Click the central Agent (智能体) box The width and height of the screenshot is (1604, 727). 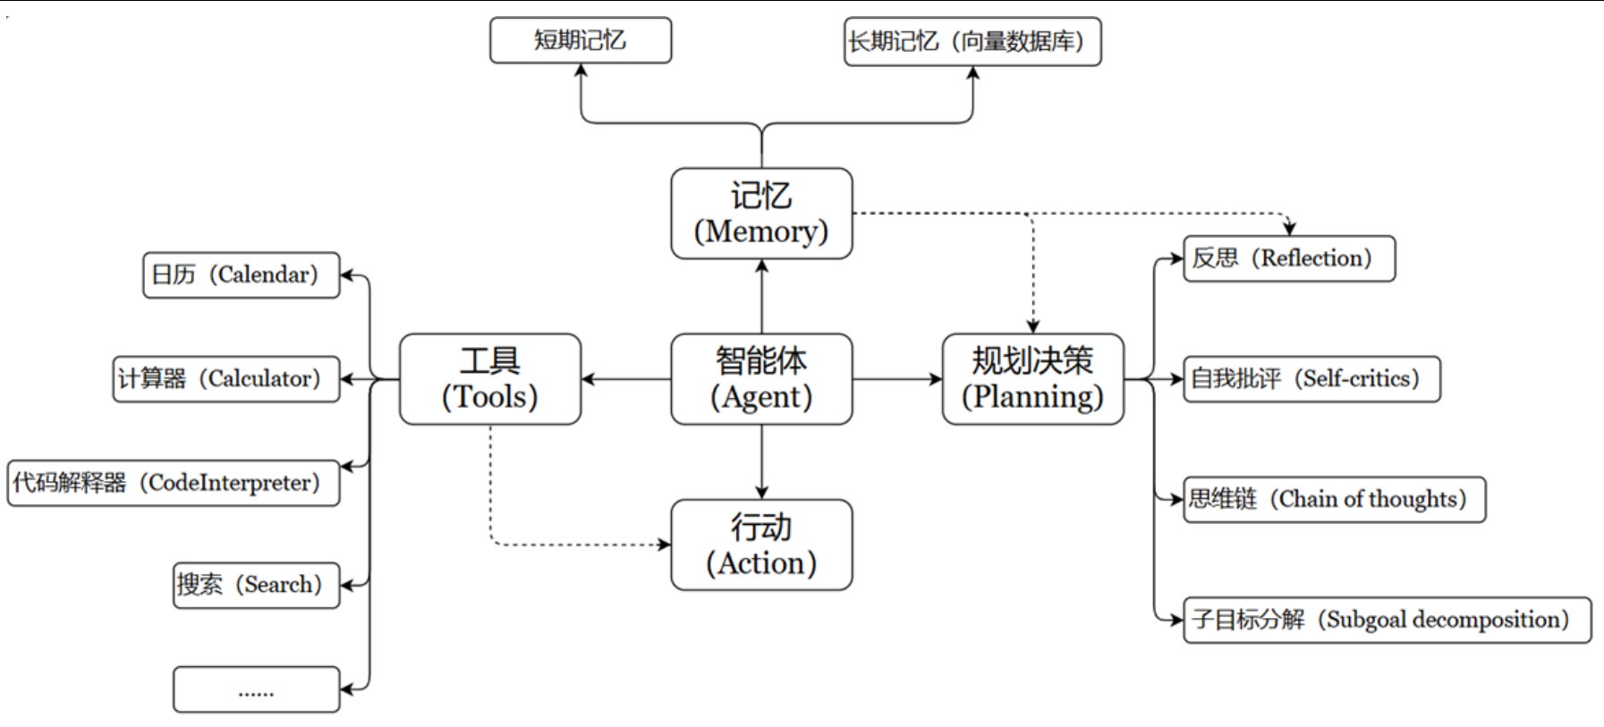[x=761, y=379]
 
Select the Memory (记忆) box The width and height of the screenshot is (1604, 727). [x=761, y=214]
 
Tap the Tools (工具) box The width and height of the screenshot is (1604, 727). [x=490, y=379]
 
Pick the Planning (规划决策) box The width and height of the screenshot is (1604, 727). [x=1032, y=379]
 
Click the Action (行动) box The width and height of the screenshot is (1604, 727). [x=761, y=545]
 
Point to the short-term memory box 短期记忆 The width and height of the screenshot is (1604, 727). [x=581, y=40]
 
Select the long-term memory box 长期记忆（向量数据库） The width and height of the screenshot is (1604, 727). [x=972, y=41]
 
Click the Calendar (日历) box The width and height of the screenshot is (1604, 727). [x=242, y=275]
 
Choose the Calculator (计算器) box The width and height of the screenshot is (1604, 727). [x=226, y=379]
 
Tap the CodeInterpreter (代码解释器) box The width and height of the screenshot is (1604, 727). [x=174, y=483]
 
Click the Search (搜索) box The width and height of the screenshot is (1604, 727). [x=257, y=585]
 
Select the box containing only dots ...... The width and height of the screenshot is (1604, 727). [x=257, y=689]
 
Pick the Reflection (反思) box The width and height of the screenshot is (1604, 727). [x=1289, y=258]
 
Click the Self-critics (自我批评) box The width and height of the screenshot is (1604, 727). [x=1311, y=379]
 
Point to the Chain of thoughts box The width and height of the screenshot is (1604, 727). [x=1334, y=499]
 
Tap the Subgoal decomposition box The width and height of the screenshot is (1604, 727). [x=1387, y=620]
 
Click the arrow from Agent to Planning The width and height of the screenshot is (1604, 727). [x=897, y=379]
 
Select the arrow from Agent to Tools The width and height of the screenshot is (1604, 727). [x=626, y=379]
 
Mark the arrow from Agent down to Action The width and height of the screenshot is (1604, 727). [x=761, y=461]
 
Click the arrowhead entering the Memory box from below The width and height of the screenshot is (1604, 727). [x=761, y=266]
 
